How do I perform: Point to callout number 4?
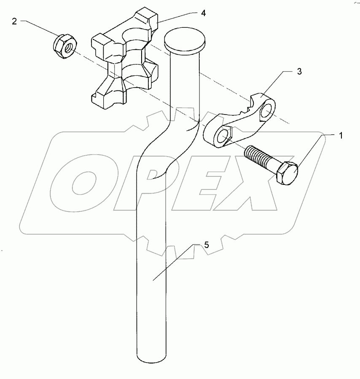click(203, 13)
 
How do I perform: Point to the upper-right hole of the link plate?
click(266, 111)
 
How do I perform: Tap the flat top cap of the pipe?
click(184, 38)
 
